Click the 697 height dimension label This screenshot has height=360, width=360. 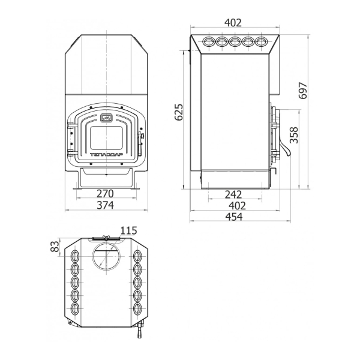[x=303, y=91]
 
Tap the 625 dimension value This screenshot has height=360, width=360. [x=179, y=112]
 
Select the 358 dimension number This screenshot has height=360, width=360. [x=293, y=135]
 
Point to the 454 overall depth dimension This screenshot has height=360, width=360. [x=234, y=217]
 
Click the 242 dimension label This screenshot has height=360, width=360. [x=233, y=194]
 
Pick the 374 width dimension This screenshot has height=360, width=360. [x=105, y=205]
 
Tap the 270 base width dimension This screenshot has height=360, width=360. [x=105, y=194]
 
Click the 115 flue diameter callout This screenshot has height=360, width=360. [x=129, y=230]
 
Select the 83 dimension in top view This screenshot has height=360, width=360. [x=55, y=247]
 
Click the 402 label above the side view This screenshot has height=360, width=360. [x=233, y=23]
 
